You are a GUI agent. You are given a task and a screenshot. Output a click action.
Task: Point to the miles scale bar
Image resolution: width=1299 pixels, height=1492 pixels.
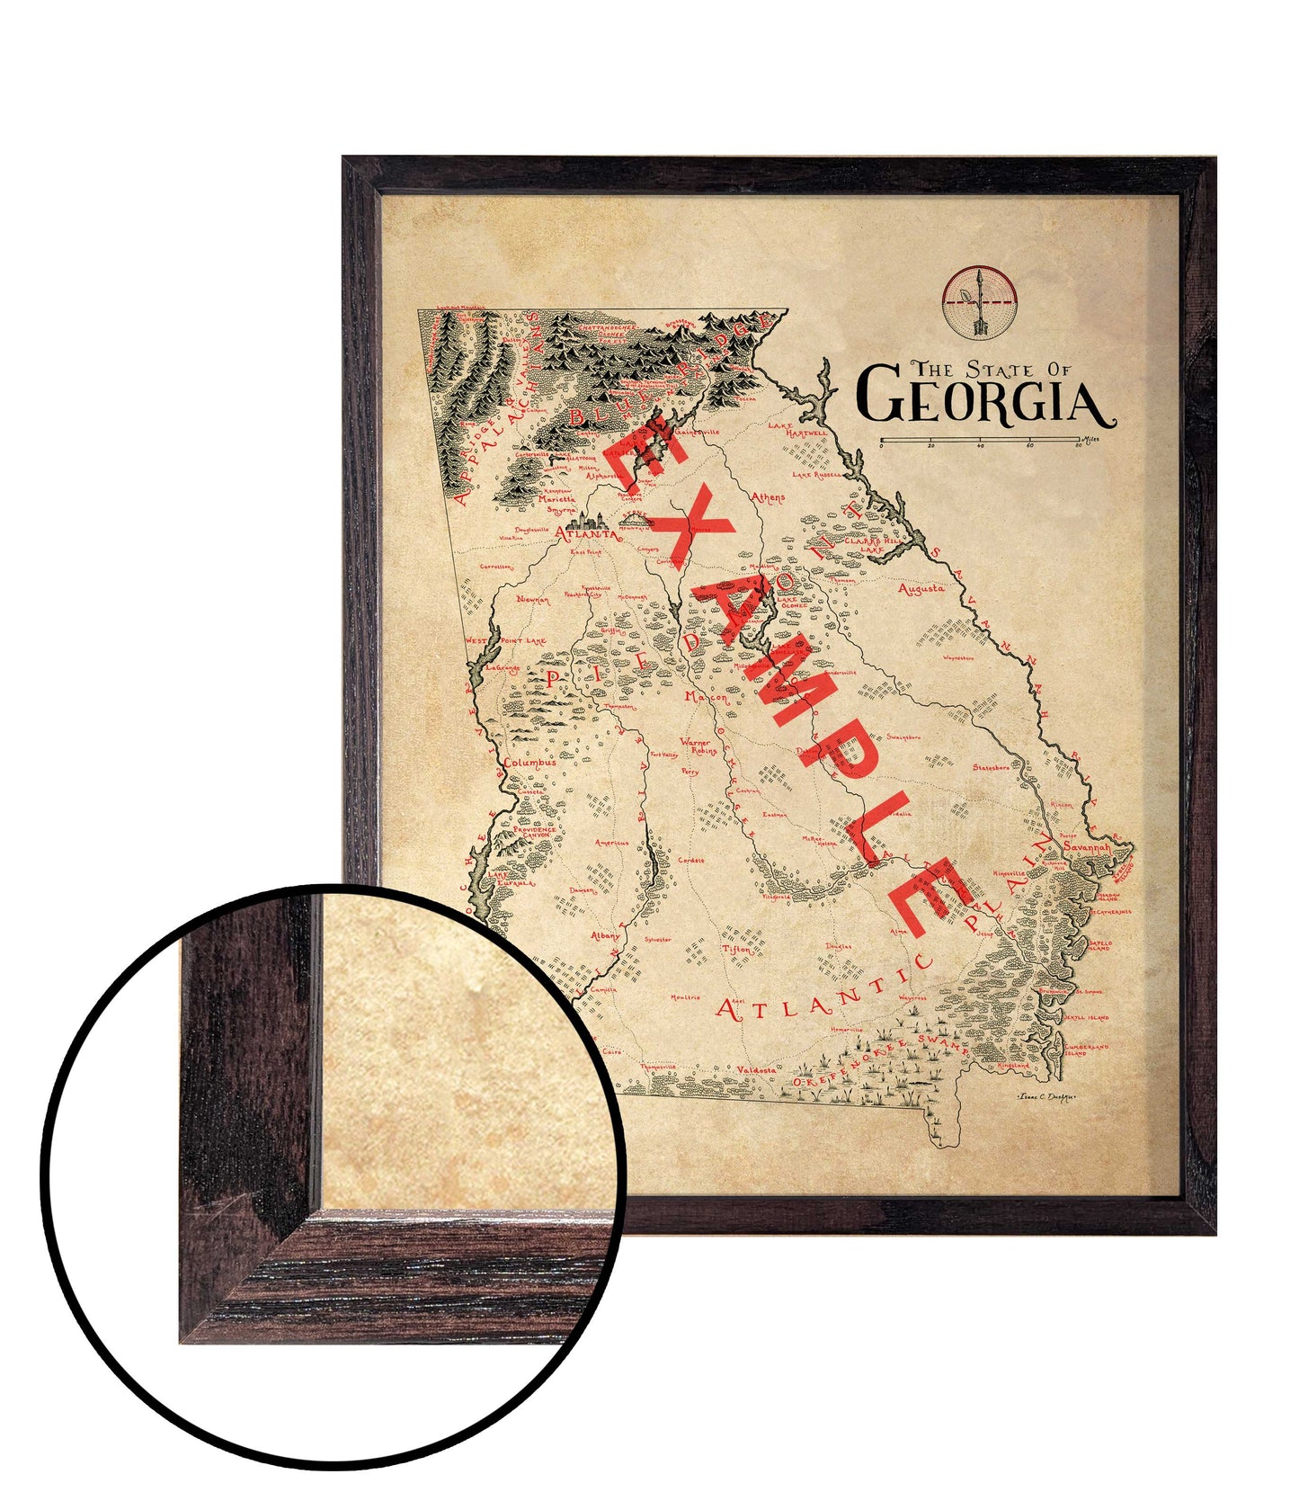coord(980,441)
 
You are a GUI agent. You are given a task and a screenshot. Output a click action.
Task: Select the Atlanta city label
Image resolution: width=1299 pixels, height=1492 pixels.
coord(586,533)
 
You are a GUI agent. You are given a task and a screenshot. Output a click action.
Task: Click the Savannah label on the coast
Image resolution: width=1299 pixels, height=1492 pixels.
coord(1087,847)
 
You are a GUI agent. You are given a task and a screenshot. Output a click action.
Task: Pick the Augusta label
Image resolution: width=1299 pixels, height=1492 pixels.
coord(921,589)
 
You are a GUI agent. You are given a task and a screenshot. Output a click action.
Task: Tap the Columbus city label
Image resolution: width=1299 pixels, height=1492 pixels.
coord(529,763)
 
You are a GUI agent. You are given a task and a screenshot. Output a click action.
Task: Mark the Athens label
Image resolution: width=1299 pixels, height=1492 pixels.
coord(768,496)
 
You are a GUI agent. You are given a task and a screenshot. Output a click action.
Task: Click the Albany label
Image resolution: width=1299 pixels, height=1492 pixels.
coord(605,936)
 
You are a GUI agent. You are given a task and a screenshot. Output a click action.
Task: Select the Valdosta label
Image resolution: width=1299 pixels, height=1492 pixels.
coord(755,1069)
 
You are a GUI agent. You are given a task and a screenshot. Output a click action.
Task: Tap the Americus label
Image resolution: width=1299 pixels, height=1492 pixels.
coord(611,843)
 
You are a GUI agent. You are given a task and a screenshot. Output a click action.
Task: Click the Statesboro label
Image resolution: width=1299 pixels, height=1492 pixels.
coord(991,767)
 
